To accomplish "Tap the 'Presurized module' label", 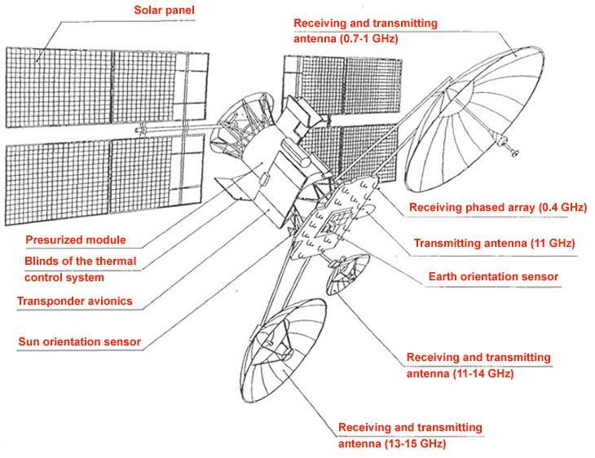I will tap(75, 240).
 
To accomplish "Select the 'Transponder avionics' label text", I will tap(74, 302).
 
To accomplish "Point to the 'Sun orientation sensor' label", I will tap(79, 341).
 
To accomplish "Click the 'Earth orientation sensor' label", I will tap(493, 277).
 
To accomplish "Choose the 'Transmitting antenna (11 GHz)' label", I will tap(495, 243).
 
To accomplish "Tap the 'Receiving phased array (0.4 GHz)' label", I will tap(497, 208).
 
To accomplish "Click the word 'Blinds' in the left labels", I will tap(43, 261).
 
